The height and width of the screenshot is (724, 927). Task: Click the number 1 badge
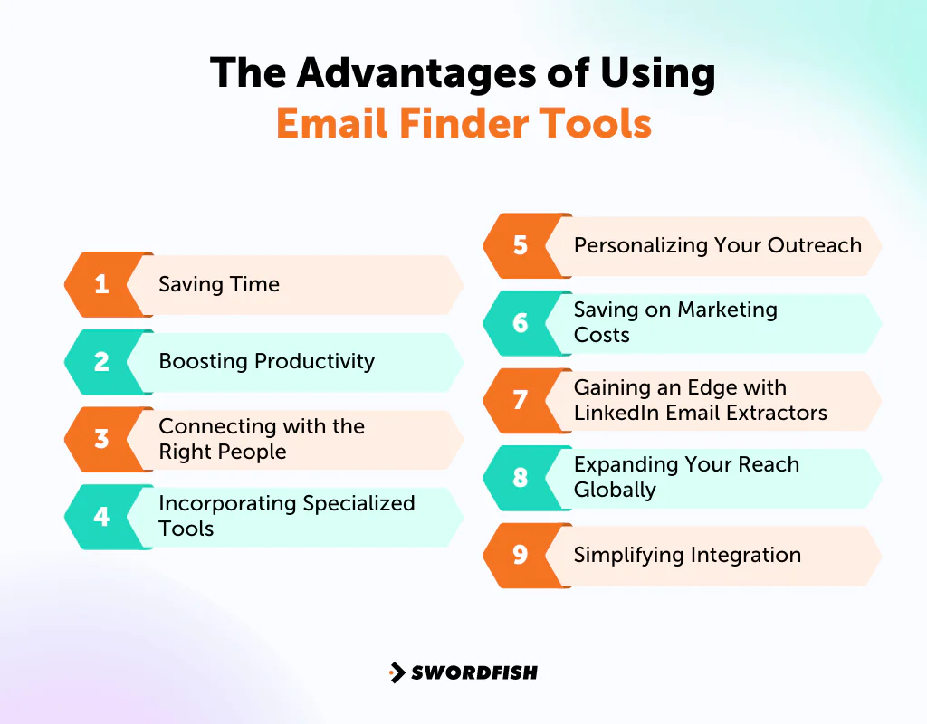(101, 284)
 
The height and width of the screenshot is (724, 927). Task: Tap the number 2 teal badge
(101, 362)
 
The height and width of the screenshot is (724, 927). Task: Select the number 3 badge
(101, 439)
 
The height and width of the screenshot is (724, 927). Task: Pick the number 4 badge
(101, 517)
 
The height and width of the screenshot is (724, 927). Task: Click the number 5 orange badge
(520, 245)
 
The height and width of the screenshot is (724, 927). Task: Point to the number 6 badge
(520, 323)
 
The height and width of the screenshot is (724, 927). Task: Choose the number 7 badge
(520, 400)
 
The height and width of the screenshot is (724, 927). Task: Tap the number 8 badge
(520, 478)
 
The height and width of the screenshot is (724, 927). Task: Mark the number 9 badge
(520, 555)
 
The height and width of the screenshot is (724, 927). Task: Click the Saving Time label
(219, 284)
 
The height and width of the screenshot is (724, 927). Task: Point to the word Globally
(615, 491)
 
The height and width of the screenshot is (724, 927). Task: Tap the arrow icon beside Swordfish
(397, 672)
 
